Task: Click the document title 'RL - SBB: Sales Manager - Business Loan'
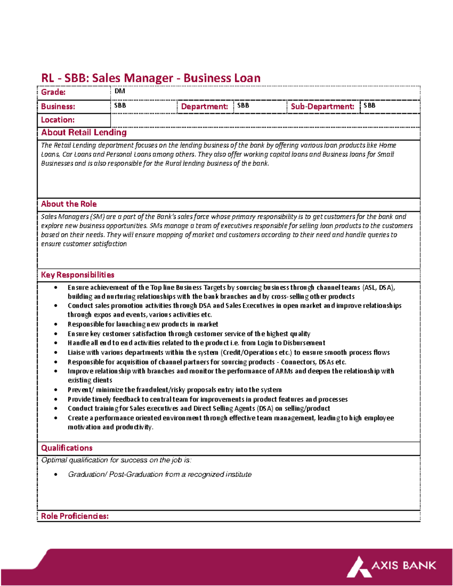pos(151,78)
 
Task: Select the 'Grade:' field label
pos(53,92)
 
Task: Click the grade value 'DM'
pos(120,91)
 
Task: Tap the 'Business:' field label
pos(58,106)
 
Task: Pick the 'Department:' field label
pos(204,106)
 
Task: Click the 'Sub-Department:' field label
pos(322,106)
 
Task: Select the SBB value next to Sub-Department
pos(369,105)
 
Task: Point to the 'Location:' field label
pos(58,120)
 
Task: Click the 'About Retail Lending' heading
pos(84,132)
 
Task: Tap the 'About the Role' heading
pos(69,204)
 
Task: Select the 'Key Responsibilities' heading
pos(77,275)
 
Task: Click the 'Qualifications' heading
pos(66,448)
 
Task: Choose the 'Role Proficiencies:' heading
pos(75,516)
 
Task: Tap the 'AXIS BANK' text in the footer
pos(404,565)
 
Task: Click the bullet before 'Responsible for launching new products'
pos(56,324)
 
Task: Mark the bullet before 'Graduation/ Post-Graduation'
pos(56,474)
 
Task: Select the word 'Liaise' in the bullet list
pos(76,352)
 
